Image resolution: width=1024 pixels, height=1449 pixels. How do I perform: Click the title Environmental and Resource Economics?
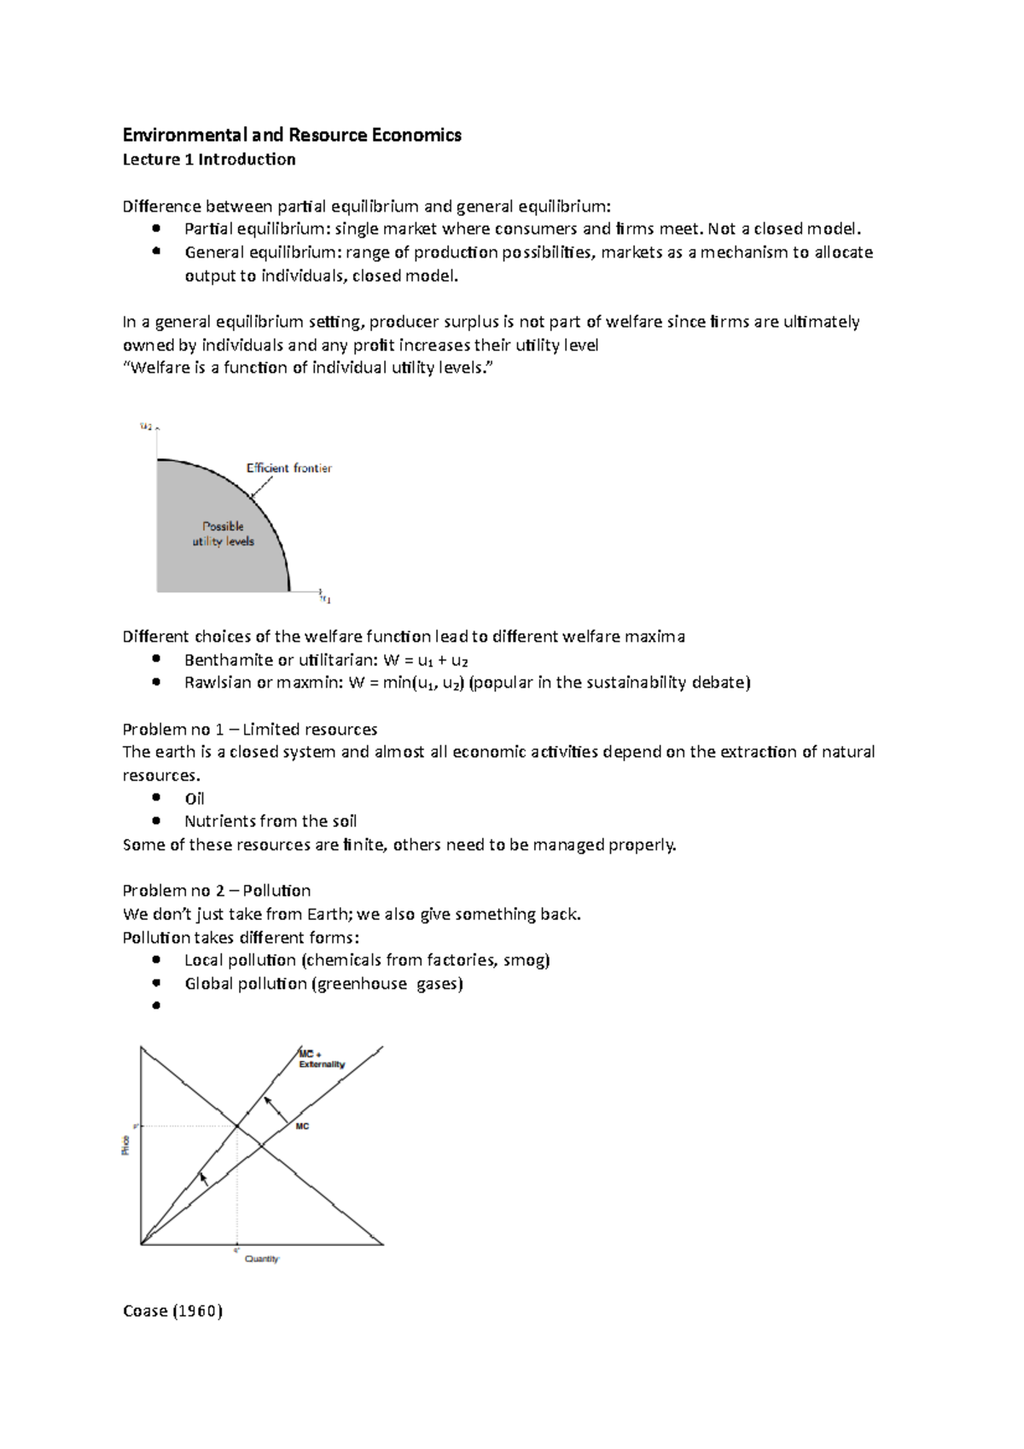click(x=292, y=135)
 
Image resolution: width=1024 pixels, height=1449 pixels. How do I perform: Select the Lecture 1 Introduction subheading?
click(x=209, y=160)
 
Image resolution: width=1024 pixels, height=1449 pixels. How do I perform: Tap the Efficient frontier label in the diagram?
click(x=288, y=468)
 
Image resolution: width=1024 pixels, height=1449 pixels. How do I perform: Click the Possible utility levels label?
click(x=224, y=533)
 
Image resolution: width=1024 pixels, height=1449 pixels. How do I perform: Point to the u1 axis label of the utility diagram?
click(x=325, y=600)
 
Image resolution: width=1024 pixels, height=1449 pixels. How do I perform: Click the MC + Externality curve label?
click(x=321, y=1059)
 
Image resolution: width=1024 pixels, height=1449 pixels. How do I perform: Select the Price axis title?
click(x=126, y=1145)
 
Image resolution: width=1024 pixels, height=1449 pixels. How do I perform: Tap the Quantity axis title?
click(x=262, y=1259)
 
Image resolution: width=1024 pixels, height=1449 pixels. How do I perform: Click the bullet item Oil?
click(x=195, y=799)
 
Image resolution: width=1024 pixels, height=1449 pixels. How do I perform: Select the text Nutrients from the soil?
click(x=271, y=822)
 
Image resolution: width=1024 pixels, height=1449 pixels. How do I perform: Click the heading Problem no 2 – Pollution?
click(x=217, y=891)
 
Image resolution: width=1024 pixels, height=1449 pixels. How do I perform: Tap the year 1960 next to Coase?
click(x=197, y=1311)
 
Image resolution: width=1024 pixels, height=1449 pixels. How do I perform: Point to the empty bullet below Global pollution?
click(x=156, y=1006)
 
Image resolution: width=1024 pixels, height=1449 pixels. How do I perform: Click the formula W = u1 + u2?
click(x=426, y=660)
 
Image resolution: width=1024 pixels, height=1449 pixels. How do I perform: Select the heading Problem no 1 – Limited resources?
click(x=250, y=730)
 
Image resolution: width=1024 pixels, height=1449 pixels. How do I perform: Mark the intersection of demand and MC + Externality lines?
click(x=237, y=1126)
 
